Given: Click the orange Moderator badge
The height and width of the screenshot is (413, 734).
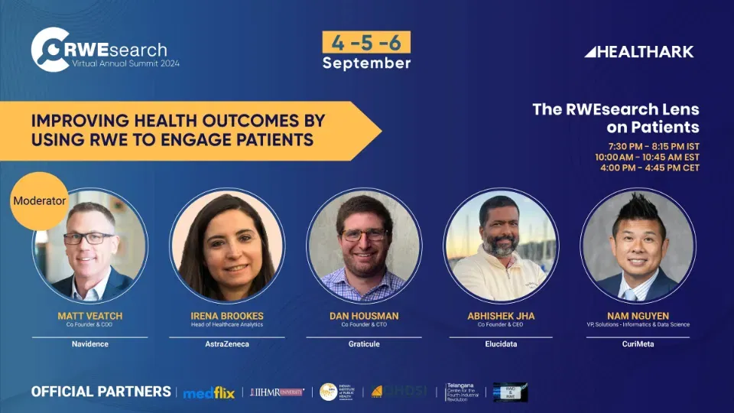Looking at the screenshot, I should pos(40,201).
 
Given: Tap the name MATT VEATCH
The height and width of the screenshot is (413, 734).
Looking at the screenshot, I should pos(89,315).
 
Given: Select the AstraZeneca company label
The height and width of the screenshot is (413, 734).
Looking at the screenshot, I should pos(227,344).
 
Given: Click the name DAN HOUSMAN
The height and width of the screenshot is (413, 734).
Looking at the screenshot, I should pos(364,315).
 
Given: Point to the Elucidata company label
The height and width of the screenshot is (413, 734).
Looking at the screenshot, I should pos(501,344).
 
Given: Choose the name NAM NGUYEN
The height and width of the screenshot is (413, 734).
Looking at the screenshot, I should pos(638,315).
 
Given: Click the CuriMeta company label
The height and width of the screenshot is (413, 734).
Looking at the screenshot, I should pos(638,344).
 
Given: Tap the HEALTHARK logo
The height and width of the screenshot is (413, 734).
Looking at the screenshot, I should pos(639,52).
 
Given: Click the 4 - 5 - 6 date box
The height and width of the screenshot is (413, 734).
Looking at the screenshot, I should pos(366,41).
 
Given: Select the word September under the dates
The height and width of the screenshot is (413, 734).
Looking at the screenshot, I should pos(366,63).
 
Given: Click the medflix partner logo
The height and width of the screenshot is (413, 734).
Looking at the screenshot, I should pos(208,392).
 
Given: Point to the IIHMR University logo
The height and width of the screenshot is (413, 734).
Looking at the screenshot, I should pos(277,392).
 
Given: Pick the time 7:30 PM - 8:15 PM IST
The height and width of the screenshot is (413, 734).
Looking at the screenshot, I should pos(654,146).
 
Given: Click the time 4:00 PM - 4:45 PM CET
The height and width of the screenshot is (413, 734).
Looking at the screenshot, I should pos(650,167).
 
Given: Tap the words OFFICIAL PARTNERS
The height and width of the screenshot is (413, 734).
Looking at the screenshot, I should pos(101,392).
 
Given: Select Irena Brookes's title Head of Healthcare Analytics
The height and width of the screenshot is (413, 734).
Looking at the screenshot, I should pos(227,324).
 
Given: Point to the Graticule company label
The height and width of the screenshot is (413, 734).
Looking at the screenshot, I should pos(364,344).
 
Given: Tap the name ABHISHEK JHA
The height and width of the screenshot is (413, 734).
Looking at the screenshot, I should pos(501,315).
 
